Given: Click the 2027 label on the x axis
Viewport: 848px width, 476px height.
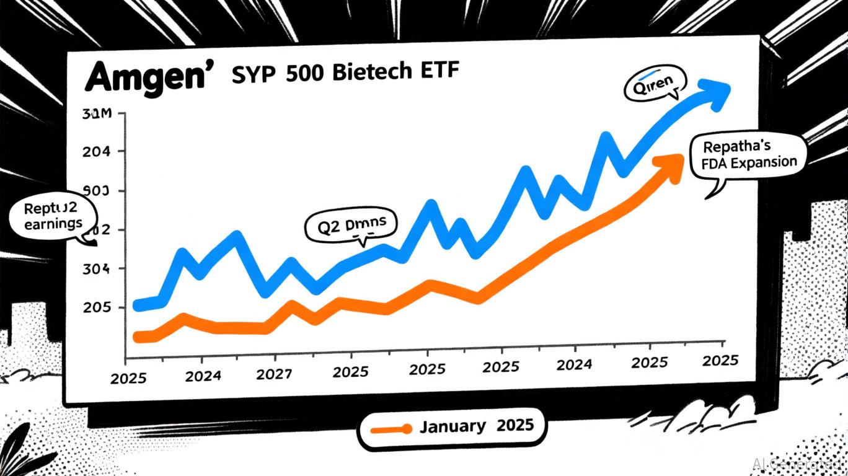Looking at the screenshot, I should (x=275, y=374).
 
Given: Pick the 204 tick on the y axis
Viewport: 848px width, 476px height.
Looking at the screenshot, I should (x=94, y=152).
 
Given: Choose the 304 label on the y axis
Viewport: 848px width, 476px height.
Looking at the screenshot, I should (x=94, y=270).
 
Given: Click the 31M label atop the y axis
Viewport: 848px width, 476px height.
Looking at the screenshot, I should (x=94, y=115).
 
